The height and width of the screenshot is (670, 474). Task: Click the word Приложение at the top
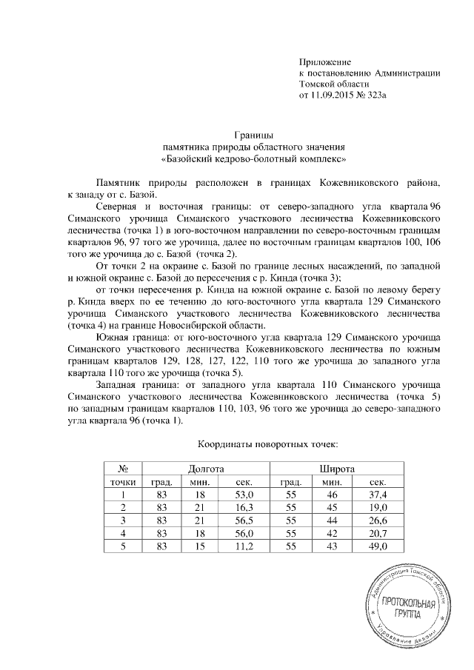(x=324, y=61)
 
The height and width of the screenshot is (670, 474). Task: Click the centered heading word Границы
(x=254, y=135)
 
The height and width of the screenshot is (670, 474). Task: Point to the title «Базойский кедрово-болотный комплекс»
(x=254, y=158)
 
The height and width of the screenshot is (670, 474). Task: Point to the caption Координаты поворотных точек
(x=267, y=446)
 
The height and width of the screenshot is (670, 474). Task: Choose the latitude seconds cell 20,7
(x=378, y=533)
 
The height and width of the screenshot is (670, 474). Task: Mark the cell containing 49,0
(x=378, y=546)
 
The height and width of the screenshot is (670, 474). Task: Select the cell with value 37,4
(x=378, y=495)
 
